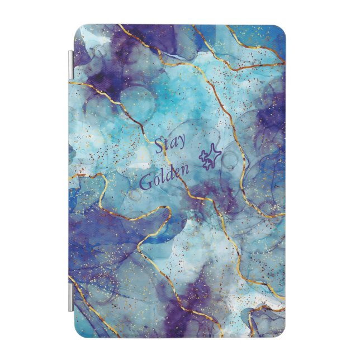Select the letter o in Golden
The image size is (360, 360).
155,182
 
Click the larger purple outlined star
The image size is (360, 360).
214,154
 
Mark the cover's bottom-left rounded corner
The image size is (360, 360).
79,331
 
